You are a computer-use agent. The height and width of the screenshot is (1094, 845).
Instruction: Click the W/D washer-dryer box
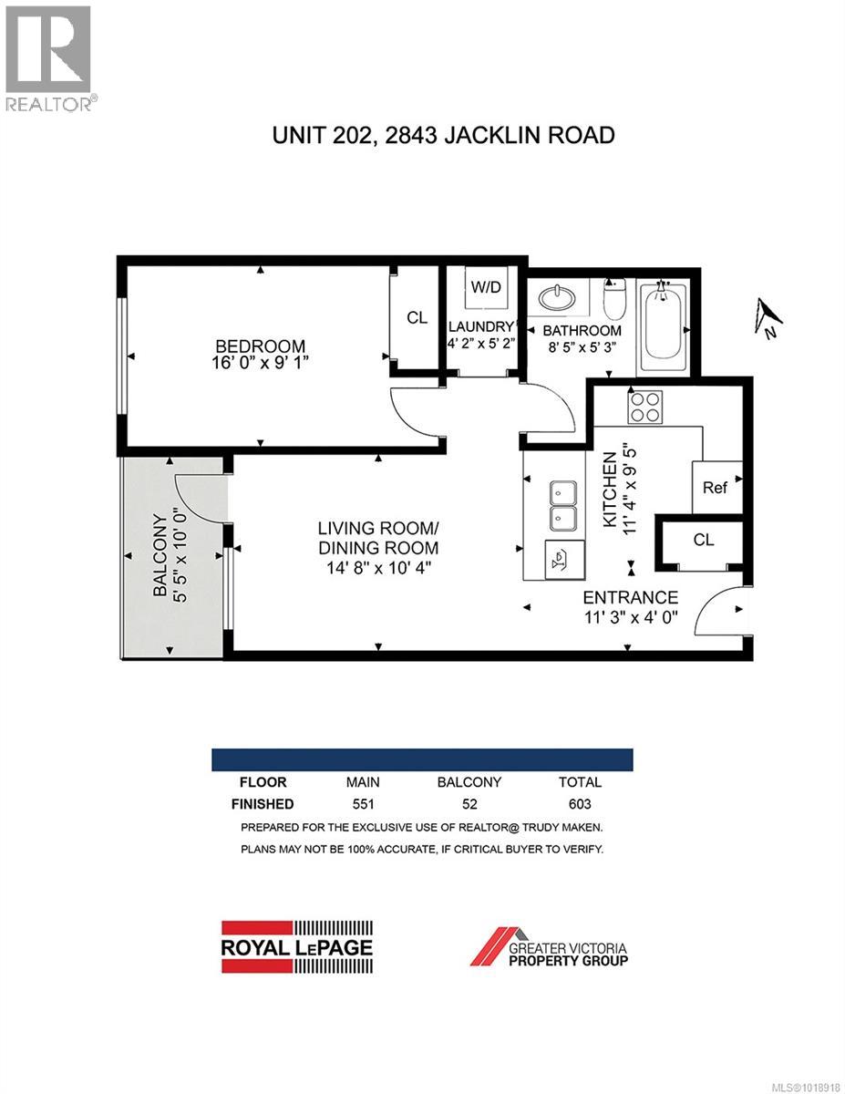pos(485,287)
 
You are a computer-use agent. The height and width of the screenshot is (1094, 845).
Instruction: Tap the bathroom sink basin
pos(553,299)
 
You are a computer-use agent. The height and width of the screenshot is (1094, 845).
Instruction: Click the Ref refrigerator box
pos(715,488)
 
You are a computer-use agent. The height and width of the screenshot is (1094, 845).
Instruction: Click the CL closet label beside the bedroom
pos(417,318)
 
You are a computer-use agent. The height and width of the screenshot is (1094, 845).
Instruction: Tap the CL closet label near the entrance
pos(703,540)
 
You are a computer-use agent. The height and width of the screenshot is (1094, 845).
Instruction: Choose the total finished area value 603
pos(580,804)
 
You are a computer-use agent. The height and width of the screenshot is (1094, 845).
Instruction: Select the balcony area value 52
pos(469,804)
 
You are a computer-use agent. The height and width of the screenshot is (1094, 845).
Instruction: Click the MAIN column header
pos(363,782)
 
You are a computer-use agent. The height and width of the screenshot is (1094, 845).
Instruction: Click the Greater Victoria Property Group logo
pos(549,946)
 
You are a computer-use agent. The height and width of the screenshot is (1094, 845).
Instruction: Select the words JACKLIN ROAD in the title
pos(539,136)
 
